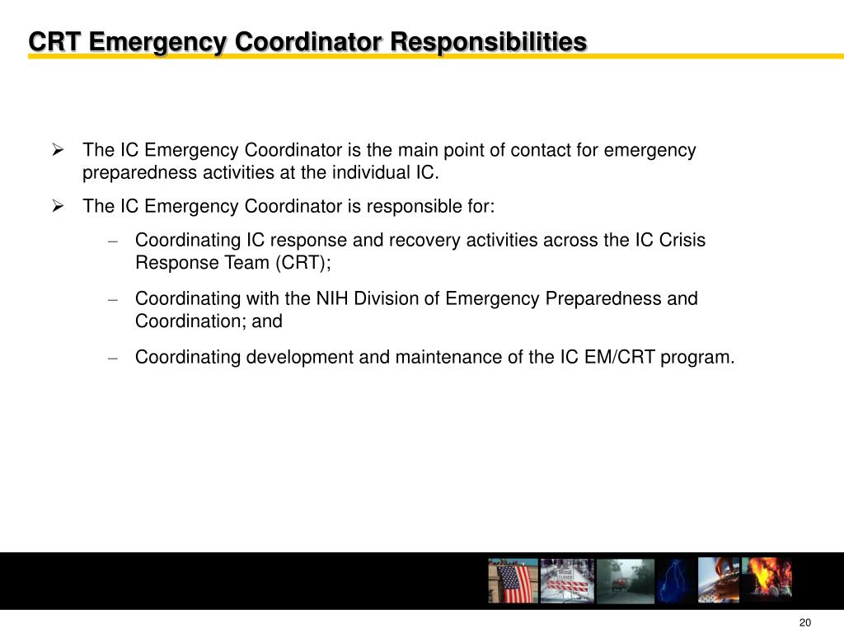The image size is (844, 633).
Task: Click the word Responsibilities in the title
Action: click(488, 41)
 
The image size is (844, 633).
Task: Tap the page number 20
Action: click(805, 622)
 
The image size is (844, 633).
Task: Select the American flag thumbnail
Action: click(513, 580)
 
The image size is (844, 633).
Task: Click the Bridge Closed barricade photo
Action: click(566, 580)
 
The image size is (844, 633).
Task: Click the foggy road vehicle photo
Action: click(619, 580)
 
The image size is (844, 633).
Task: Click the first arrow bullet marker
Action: click(59, 150)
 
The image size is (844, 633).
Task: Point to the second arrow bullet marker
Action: click(59, 206)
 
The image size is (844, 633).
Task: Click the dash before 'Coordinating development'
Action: click(114, 358)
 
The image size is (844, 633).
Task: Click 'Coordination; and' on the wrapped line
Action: click(209, 321)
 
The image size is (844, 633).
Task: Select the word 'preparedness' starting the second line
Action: click(129, 173)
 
